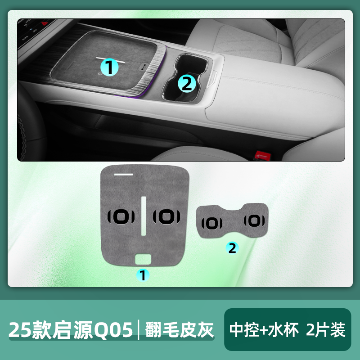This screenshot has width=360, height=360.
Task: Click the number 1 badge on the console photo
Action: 109,67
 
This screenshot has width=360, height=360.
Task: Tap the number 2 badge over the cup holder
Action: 187,84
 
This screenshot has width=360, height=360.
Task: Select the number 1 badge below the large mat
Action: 143,275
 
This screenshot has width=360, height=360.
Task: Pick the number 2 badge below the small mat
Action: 232,248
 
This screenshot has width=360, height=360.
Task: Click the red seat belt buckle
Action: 263,156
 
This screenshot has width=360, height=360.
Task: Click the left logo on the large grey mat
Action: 121,216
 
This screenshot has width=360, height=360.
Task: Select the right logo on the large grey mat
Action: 166,216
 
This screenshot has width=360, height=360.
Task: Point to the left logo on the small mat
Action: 211,223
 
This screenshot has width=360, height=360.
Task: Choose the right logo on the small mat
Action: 254,221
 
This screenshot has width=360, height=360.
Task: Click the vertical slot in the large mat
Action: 144,216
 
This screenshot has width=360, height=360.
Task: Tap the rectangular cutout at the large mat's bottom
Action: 143,260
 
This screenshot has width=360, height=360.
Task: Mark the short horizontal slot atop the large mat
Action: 123,175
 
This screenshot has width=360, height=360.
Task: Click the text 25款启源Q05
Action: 71,330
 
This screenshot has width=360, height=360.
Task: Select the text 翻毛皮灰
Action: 179,330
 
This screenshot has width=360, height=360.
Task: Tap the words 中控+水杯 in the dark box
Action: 264,330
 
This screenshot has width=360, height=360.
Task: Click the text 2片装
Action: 325,330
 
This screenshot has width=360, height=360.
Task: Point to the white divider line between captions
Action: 139,330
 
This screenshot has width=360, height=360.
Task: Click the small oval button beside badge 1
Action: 144,66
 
